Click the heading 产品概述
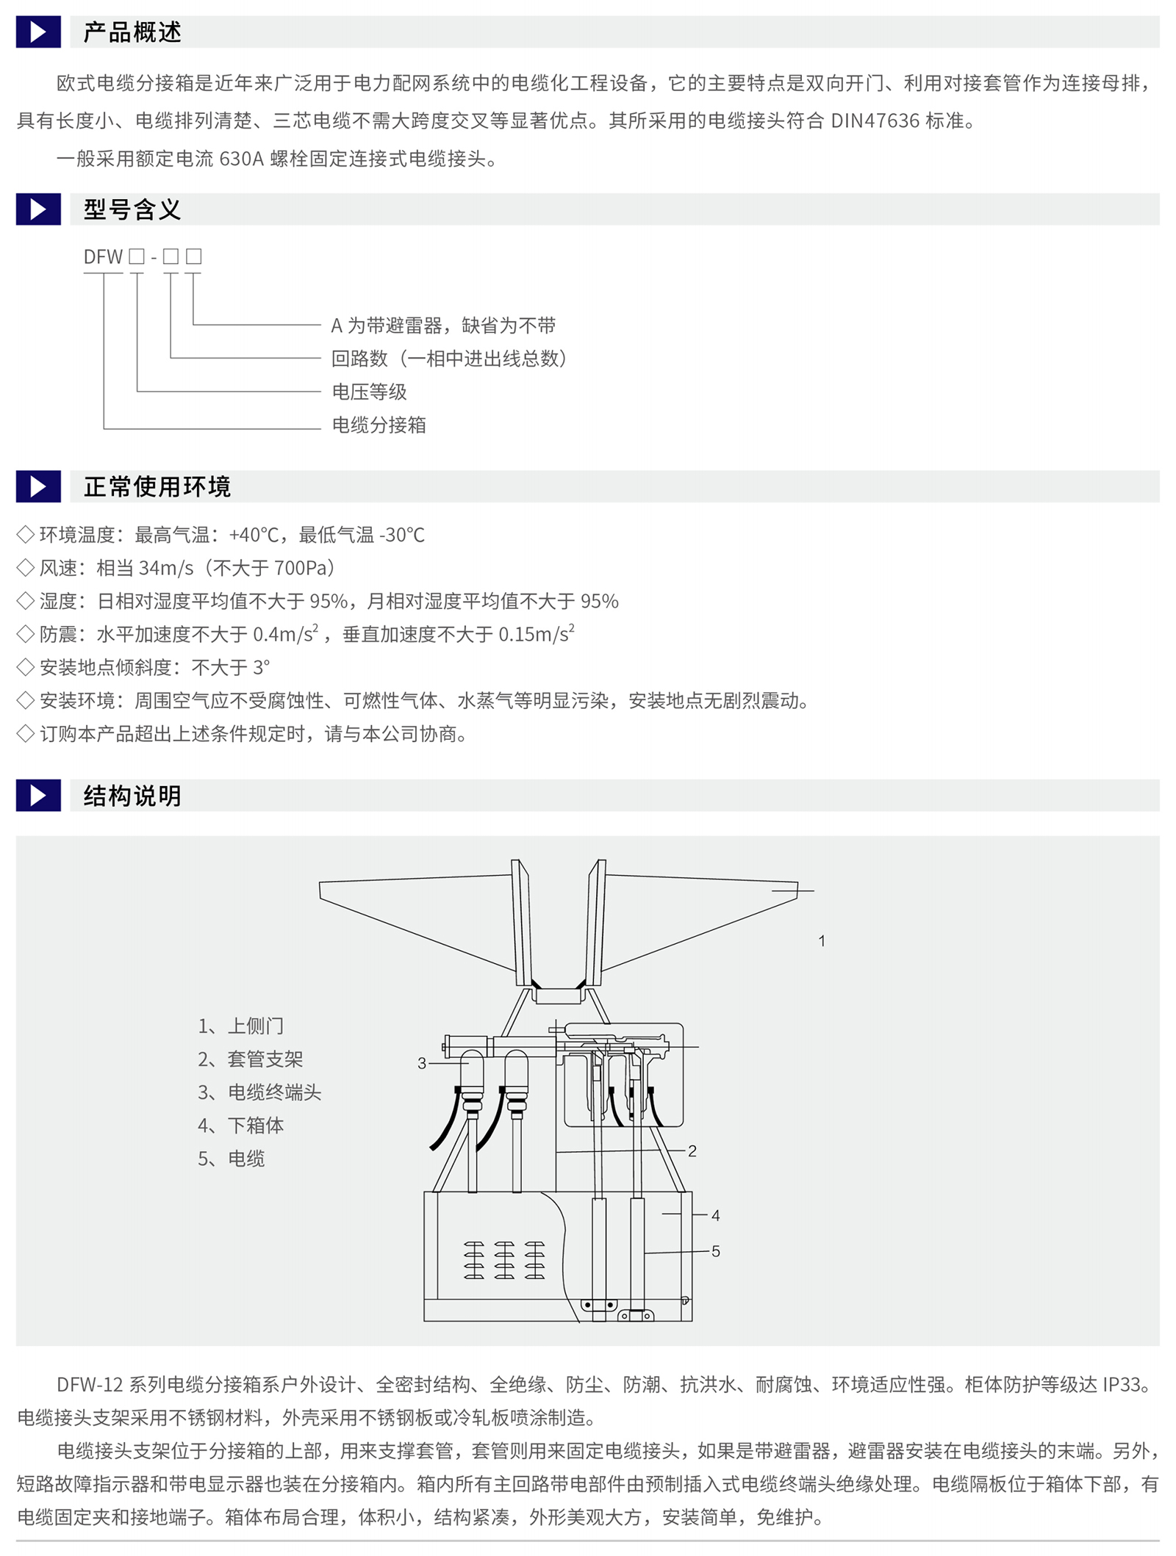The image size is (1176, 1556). (132, 32)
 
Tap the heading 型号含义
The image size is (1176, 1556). (132, 209)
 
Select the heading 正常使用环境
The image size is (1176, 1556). (157, 486)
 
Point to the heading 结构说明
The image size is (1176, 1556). (132, 796)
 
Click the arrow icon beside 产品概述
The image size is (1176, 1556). (38, 32)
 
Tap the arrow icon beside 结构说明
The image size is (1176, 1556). (38, 796)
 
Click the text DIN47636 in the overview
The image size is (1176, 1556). (875, 121)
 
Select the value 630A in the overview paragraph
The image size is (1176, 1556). (241, 159)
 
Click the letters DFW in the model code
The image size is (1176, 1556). (103, 256)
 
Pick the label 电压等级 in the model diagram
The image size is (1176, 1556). (369, 392)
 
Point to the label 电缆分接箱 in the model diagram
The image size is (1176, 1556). (379, 425)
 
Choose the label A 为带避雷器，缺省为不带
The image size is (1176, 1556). (443, 325)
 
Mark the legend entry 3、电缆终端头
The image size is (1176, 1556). (259, 1092)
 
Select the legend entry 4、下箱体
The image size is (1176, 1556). (240, 1125)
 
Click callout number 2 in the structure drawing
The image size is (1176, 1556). (692, 1151)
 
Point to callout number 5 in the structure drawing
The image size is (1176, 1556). (716, 1251)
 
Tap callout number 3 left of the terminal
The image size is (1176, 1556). (422, 1063)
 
